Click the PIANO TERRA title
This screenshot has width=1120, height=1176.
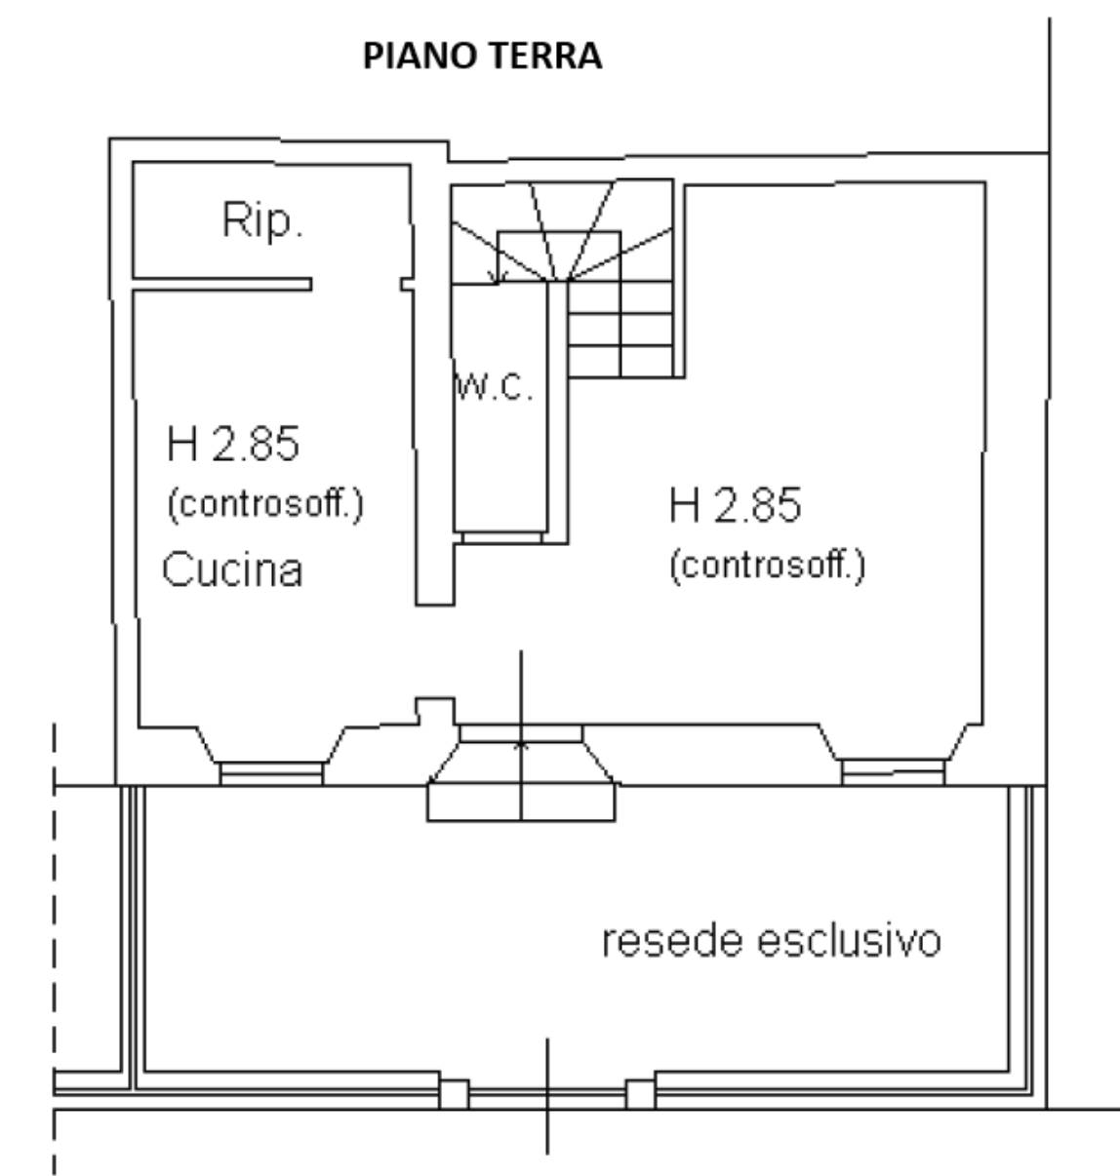pos(483,56)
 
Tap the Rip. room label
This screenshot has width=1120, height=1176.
pos(262,219)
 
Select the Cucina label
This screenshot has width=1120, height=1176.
pos(232,569)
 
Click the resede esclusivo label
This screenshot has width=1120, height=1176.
pos(771,941)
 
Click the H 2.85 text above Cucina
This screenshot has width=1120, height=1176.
pos(233,444)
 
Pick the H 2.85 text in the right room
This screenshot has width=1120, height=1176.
pos(735,505)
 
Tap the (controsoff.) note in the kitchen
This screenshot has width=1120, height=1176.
pos(265,504)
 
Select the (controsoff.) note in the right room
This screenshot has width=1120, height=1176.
pos(768,566)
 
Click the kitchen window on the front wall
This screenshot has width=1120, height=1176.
pos(271,773)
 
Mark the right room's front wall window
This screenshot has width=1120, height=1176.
pos(893,771)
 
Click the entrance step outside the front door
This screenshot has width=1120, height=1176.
pos(521,803)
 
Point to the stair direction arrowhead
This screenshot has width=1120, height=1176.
pos(498,276)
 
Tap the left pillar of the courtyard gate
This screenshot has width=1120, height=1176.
pos(454,1094)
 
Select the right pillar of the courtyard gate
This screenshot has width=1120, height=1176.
pos(641,1094)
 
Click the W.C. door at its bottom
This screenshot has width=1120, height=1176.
pos(501,537)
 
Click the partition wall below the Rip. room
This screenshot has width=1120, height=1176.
pos(222,284)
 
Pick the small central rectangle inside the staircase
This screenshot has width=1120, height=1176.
pos(559,256)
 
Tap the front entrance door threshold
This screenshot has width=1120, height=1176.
pos(521,733)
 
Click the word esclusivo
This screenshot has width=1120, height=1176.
pos(850,941)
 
